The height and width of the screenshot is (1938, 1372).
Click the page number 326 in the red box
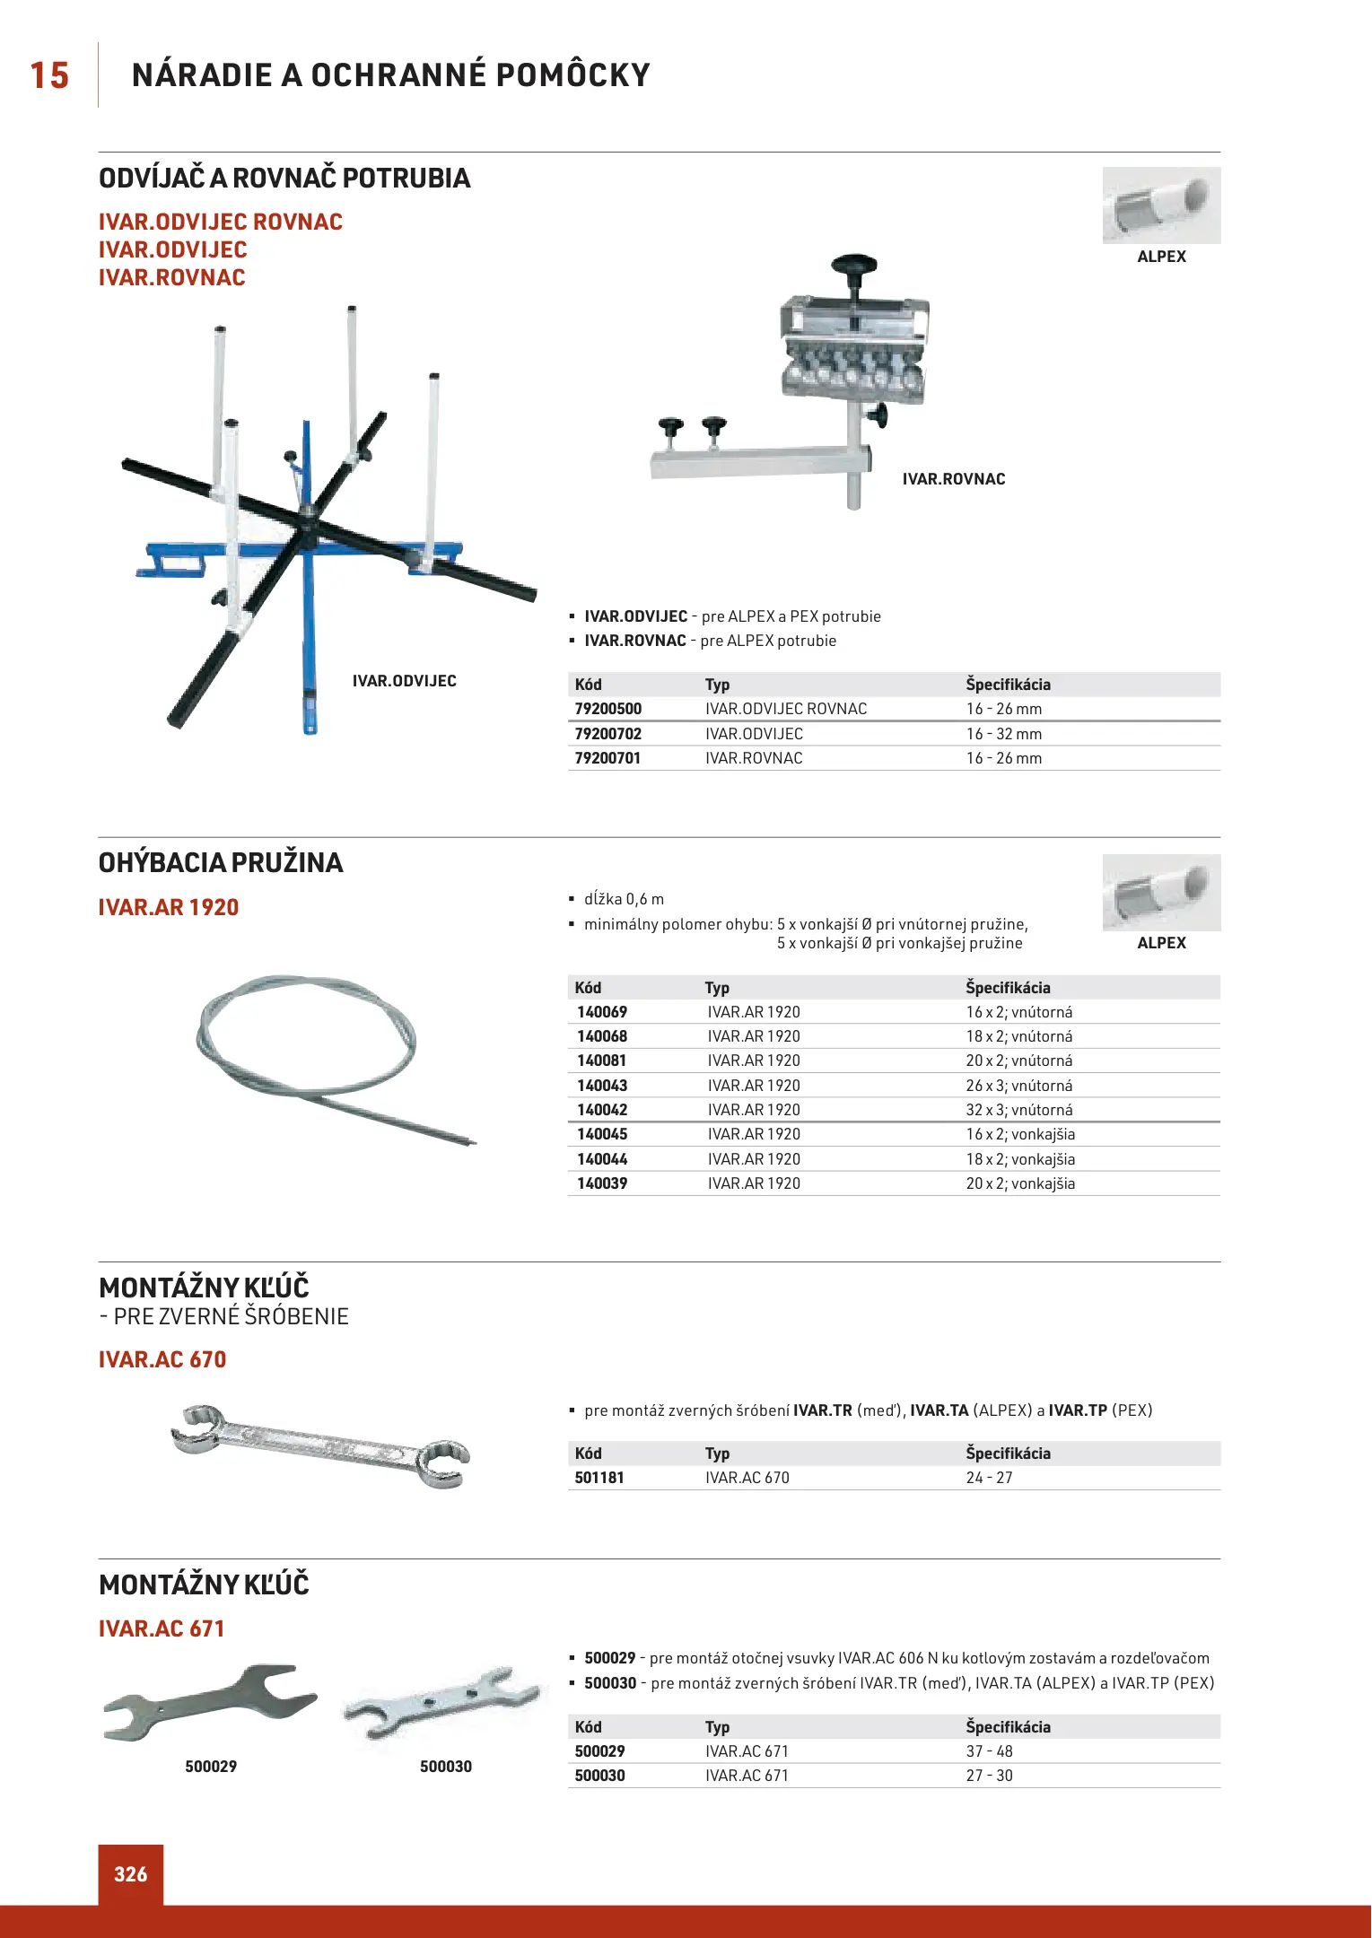tap(131, 1874)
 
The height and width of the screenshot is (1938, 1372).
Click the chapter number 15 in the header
tap(49, 75)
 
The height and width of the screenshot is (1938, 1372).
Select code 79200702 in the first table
tap(608, 734)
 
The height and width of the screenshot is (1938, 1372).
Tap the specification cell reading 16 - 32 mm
tap(1004, 734)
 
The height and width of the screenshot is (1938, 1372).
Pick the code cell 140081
tap(602, 1061)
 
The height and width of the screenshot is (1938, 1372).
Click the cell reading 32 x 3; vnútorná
tap(1019, 1110)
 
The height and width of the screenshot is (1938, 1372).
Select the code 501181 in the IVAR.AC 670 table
tap(599, 1478)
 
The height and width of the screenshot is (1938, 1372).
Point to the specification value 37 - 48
tap(990, 1751)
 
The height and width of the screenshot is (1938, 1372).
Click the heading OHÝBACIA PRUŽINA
tap(221, 863)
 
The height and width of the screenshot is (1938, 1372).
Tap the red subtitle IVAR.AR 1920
tap(169, 907)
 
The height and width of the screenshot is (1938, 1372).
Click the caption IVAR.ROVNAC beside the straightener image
tap(954, 479)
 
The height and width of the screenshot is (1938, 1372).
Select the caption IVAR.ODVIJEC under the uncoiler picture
tap(404, 681)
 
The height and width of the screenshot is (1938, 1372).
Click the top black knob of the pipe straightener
tap(853, 265)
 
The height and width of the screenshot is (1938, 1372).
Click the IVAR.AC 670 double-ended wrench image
tap(320, 1445)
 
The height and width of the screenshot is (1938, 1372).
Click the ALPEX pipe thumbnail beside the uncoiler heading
tap(1161, 205)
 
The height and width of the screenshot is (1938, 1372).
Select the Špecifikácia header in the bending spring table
tap(1008, 988)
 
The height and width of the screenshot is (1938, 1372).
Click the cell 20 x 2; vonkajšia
tap(1020, 1183)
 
